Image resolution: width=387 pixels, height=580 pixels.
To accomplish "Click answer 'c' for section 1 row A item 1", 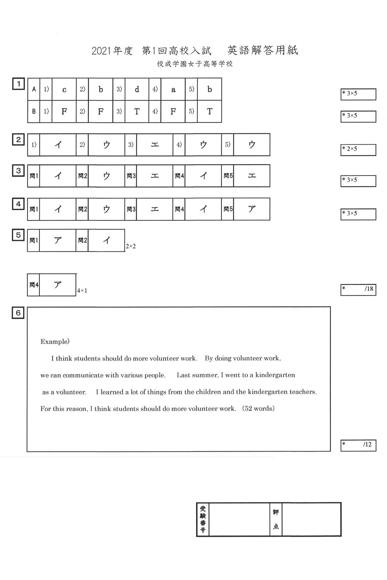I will tap(64, 89).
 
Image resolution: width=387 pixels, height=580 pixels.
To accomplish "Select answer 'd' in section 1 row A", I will tap(137, 89).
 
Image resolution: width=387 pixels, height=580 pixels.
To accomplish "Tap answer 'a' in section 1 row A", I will tap(173, 89).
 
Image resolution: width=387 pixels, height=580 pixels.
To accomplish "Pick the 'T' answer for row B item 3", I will tap(137, 112).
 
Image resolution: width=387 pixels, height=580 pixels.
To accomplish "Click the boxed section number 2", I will tap(18, 140).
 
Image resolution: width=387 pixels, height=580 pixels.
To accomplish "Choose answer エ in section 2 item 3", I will tap(154, 145).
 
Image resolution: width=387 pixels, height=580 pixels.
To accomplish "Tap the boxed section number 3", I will tap(18, 171).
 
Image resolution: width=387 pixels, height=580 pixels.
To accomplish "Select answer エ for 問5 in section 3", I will tap(252, 176).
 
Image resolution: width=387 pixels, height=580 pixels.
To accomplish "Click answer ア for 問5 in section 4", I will tap(252, 209).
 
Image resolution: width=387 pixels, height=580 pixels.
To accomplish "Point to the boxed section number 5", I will tap(18, 235).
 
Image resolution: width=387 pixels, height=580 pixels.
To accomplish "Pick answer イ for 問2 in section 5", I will tap(106, 241).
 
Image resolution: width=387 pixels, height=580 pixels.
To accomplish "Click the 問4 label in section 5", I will tap(34, 285).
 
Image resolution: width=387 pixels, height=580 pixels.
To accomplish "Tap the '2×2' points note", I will tap(130, 246).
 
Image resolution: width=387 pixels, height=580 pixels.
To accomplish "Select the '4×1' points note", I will tap(82, 291).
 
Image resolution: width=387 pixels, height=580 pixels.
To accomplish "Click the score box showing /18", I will tap(358, 289).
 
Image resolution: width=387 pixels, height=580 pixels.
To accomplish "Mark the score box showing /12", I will tap(358, 445).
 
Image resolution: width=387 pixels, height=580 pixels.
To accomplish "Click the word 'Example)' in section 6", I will tap(55, 341).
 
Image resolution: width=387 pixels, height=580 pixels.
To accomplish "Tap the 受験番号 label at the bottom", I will tap(203, 519).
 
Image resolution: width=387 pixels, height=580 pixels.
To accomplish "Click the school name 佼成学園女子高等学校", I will tap(195, 64).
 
